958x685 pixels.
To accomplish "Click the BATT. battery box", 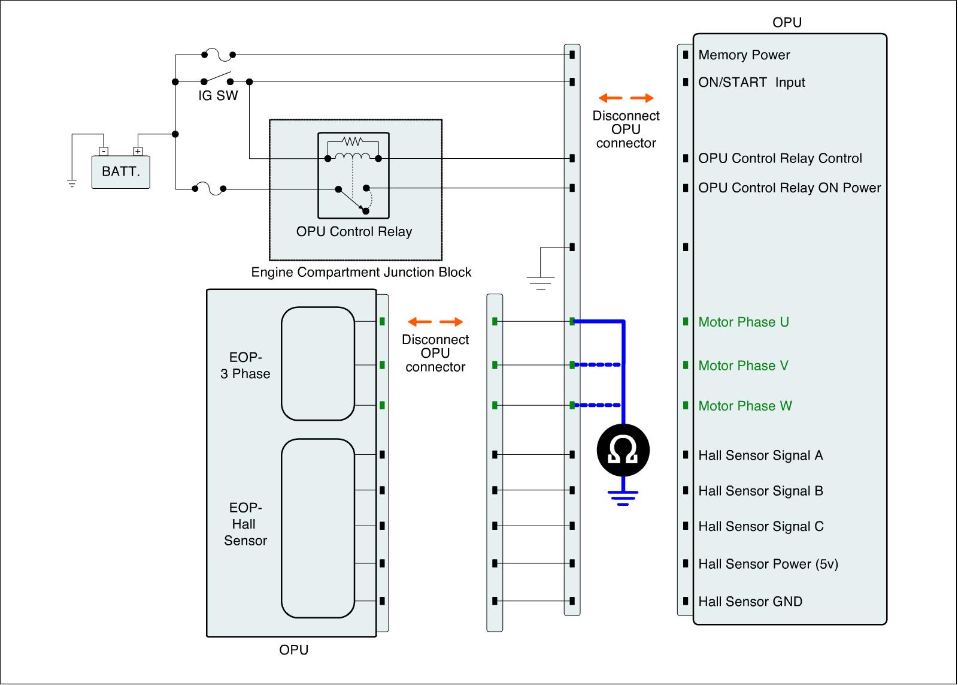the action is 120,171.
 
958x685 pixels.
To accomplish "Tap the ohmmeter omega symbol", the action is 623,450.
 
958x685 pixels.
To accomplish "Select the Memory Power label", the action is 744,55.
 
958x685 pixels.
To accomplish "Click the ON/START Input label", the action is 751,82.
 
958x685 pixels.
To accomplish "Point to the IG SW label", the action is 218,95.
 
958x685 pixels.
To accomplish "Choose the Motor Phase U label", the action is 744,322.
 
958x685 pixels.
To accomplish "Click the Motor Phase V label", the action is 743,366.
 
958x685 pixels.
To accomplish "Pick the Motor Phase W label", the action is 745,406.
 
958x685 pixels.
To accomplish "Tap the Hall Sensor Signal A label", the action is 760,455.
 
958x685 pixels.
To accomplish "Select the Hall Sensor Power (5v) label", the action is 768,564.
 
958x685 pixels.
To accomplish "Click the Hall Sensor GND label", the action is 750,602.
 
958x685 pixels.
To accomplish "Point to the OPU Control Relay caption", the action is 354,231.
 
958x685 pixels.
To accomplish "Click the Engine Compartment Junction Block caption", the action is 361,272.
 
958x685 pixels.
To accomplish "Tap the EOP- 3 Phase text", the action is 245,365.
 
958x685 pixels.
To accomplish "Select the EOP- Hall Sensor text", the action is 245,524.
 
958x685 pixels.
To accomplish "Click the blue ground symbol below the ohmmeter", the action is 623,497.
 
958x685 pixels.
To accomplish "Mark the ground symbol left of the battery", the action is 72,183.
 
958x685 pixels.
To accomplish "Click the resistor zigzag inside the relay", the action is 353,141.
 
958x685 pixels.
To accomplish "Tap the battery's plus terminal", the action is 138,151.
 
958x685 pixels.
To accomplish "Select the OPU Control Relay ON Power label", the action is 790,188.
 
